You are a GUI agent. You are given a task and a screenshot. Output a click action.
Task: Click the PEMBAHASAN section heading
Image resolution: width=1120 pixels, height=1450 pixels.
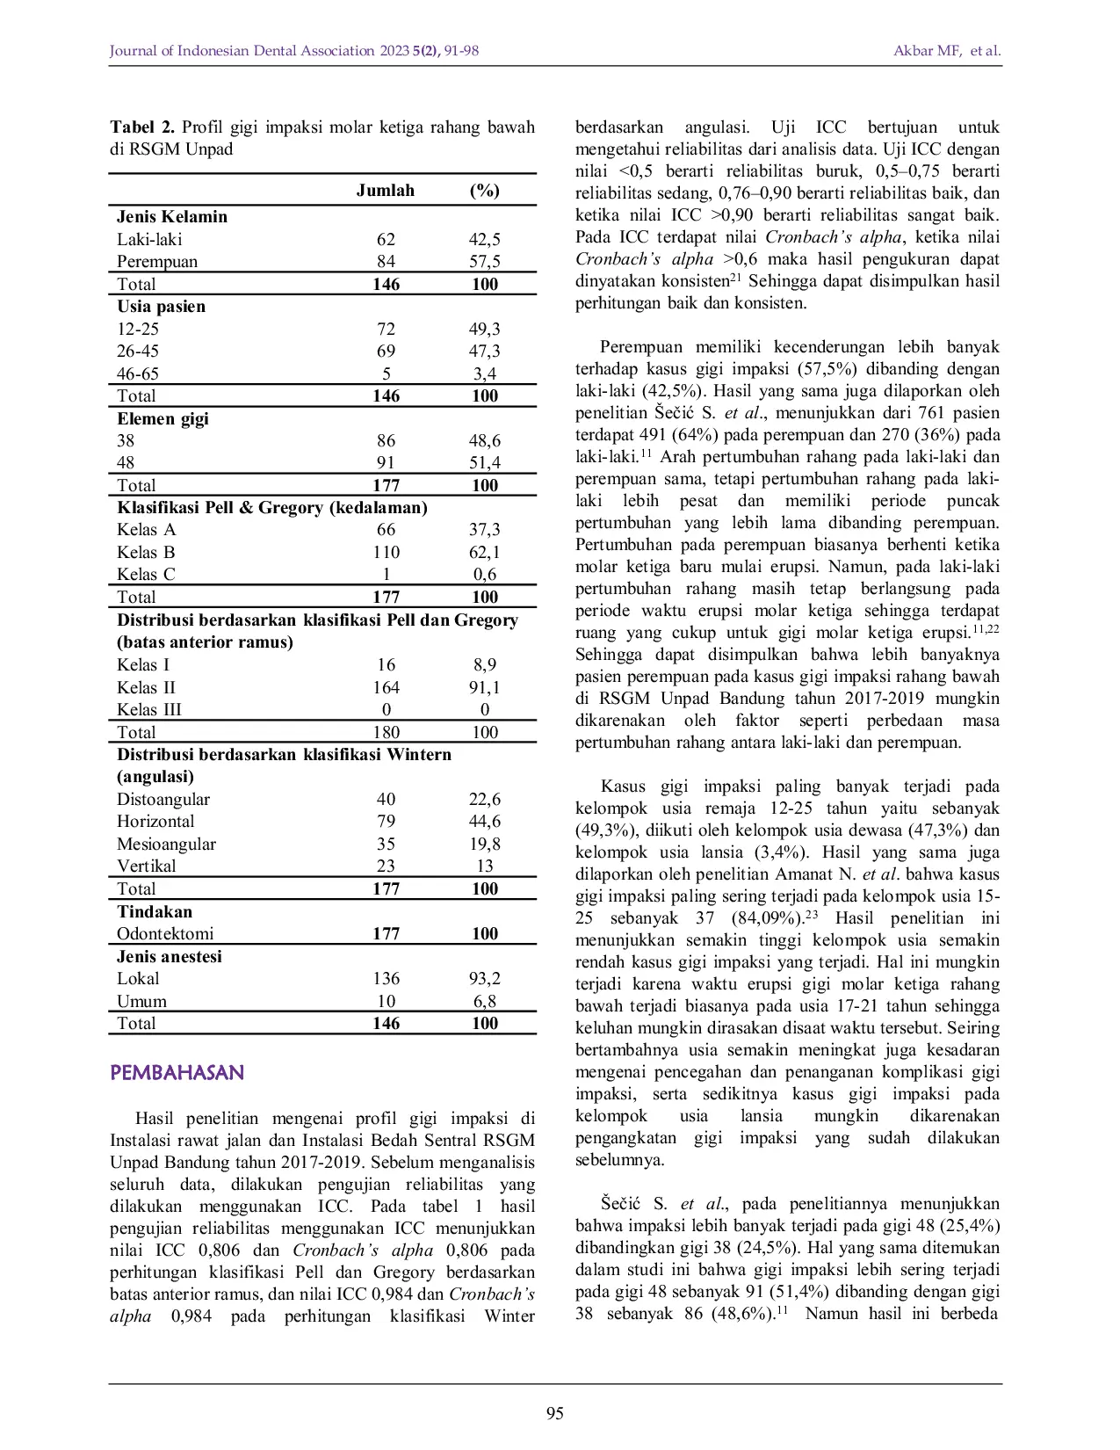coord(177,1073)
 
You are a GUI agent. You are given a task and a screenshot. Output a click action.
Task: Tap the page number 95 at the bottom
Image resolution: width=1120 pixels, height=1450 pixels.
coord(555,1413)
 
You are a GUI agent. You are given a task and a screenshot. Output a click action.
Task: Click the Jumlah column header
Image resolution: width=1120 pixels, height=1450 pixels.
coord(385,191)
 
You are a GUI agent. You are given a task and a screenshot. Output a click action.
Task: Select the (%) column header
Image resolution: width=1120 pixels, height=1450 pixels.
coord(484,191)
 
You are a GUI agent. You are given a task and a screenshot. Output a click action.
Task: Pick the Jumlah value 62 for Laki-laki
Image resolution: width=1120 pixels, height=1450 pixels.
coord(386,239)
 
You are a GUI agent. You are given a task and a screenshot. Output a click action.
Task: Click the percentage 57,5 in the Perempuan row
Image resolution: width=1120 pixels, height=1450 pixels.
coord(484,262)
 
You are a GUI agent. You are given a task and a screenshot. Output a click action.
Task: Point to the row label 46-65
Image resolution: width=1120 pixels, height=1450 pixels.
coord(138,373)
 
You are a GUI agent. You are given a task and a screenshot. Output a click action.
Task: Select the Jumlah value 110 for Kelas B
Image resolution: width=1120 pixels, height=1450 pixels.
coord(386,552)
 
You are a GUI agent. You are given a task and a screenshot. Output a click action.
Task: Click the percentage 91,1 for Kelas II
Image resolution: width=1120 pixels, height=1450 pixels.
coord(484,687)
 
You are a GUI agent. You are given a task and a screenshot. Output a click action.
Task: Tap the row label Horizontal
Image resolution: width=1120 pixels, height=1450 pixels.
coord(155,822)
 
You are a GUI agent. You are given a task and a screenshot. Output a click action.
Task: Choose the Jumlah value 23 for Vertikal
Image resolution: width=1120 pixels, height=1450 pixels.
coord(386,866)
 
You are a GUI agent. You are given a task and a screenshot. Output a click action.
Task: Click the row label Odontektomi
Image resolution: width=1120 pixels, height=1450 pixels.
coord(165,933)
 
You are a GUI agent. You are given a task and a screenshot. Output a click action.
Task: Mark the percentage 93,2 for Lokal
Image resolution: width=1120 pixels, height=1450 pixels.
coord(484,978)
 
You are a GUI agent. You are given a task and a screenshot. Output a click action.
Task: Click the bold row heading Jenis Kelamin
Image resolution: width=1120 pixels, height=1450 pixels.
coord(172,217)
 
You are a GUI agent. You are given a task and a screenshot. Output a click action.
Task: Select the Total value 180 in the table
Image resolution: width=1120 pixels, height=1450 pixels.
coord(386,732)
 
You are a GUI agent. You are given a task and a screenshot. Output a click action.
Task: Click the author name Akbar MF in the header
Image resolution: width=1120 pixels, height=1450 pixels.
coord(927,51)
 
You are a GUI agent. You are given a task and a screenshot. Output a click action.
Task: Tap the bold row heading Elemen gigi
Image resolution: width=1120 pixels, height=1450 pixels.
coord(163,418)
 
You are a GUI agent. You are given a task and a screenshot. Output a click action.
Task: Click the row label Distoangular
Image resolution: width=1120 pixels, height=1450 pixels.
coord(163,800)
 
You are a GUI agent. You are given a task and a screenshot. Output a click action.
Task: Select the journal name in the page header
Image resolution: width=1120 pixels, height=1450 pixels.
coord(242,51)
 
